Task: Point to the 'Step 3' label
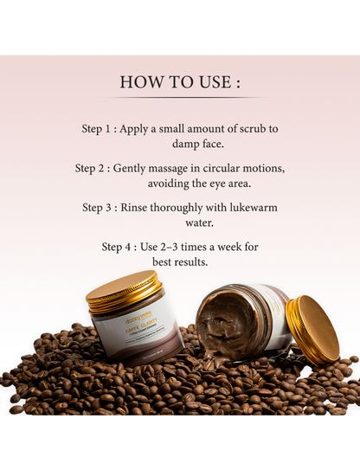(x=100, y=208)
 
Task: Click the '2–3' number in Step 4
(x=177, y=247)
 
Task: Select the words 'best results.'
(x=179, y=261)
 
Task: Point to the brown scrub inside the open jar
(x=227, y=324)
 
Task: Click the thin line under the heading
(x=179, y=98)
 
